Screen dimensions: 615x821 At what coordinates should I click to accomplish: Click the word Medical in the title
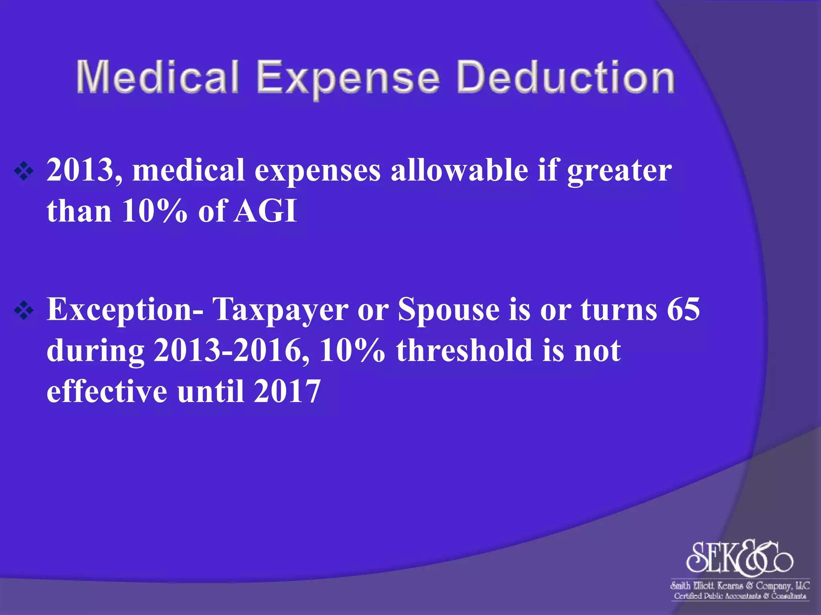(158, 77)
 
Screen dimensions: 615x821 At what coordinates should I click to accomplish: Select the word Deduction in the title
(565, 77)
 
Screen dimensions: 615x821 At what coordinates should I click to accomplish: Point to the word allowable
(459, 170)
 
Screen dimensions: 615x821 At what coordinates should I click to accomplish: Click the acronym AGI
(265, 211)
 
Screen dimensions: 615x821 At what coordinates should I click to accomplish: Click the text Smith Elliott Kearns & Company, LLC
(740, 586)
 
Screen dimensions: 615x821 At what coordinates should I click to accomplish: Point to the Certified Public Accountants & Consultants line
(740, 596)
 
